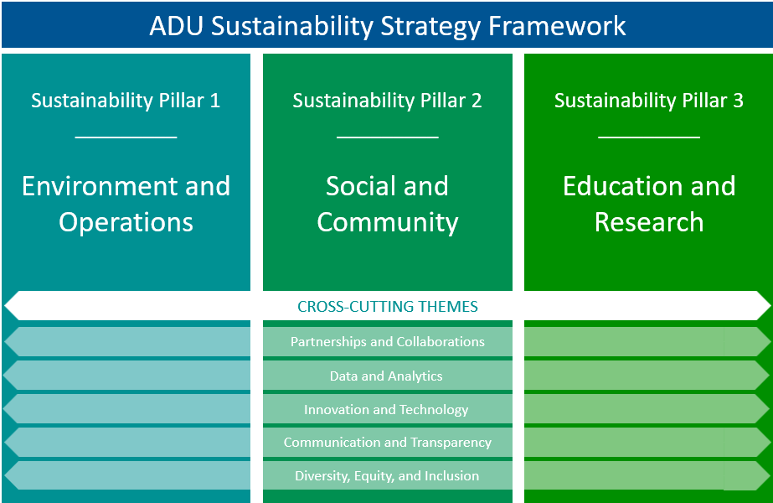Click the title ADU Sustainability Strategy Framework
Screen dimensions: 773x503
pos(388,26)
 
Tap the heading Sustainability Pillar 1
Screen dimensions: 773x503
pos(126,101)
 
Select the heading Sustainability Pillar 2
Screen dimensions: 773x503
pos(387,101)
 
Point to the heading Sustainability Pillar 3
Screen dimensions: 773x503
pos(649,101)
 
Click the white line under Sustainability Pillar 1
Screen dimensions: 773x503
pos(126,137)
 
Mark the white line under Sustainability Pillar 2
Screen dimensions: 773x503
pos(388,137)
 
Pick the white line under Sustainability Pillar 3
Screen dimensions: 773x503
pos(649,137)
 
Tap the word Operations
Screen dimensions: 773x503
pos(126,223)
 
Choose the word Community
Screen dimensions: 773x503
pos(388,223)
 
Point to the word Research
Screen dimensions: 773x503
pos(649,222)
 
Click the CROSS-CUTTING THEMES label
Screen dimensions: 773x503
pos(388,307)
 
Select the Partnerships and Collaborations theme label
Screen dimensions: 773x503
pos(388,341)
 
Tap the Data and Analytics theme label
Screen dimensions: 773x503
pos(386,376)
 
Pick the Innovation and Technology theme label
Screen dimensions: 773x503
pos(386,410)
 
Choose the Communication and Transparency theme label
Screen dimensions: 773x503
pos(388,443)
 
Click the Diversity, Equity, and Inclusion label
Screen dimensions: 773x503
pos(387,476)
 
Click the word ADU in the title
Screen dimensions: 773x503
pos(177,26)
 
